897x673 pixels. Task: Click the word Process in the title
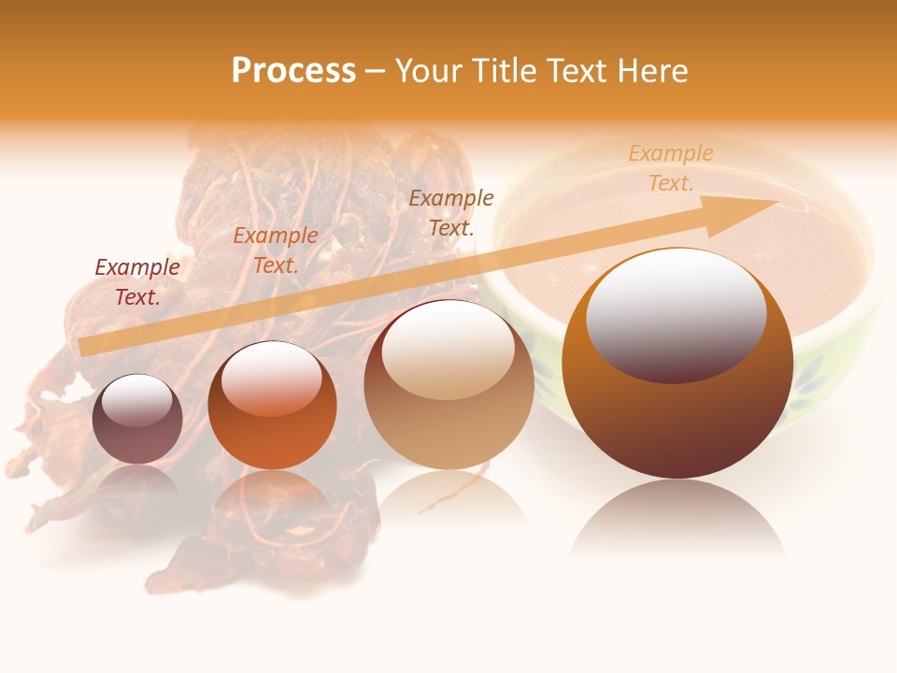tap(293, 71)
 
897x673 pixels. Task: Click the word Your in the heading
tap(430, 71)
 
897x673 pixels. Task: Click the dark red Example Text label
tap(137, 282)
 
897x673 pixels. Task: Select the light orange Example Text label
tap(671, 168)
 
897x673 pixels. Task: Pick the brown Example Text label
tap(451, 213)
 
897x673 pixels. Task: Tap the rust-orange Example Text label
tap(276, 251)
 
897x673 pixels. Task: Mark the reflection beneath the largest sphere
tap(677, 519)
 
